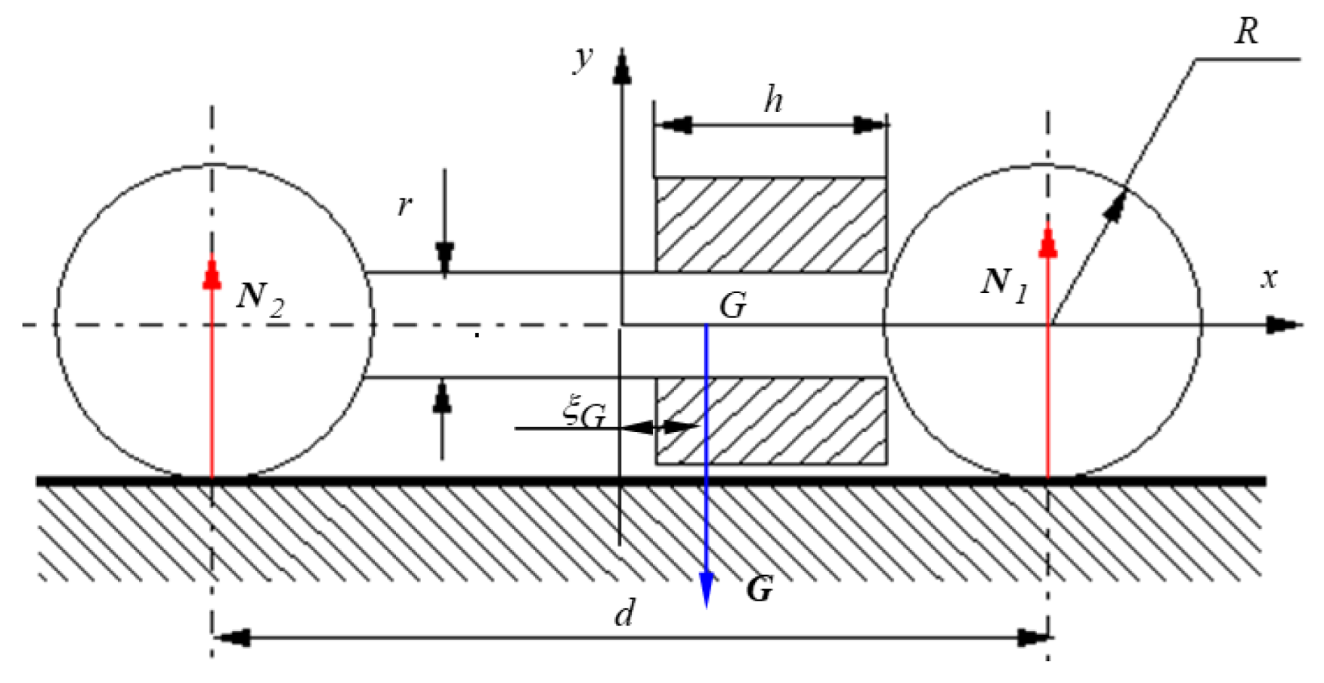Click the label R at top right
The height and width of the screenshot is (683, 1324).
tap(1246, 32)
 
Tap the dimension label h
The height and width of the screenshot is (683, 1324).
tap(772, 100)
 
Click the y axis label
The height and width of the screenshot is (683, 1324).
tap(583, 58)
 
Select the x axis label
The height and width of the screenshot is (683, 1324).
tap(1269, 278)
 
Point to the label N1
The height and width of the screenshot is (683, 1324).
tap(1004, 284)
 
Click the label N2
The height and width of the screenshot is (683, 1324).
tap(260, 296)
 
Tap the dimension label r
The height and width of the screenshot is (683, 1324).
tap(405, 205)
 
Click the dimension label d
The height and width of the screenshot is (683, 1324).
tap(624, 614)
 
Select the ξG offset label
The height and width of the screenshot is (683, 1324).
tap(584, 413)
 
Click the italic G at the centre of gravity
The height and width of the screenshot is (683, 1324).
tap(733, 306)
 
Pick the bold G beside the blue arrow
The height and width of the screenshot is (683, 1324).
tap(759, 589)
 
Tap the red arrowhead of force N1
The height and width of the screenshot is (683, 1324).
tap(1047, 243)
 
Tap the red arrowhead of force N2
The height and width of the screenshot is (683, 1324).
tap(212, 274)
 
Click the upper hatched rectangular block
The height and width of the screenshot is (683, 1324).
tap(770, 224)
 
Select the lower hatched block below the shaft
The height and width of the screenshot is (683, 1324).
tap(770, 420)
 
